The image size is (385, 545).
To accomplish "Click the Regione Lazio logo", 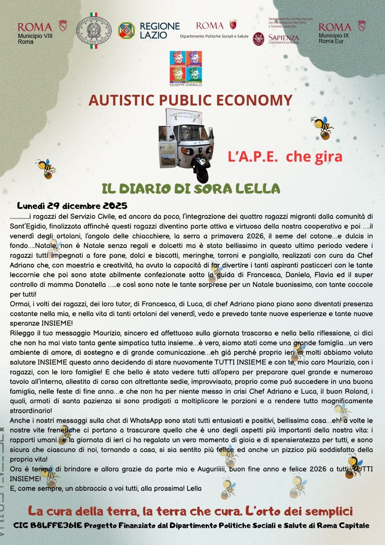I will click(x=149, y=31).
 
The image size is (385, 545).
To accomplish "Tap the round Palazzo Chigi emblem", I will click(x=94, y=31).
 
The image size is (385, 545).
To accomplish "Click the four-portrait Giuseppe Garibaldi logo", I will click(x=186, y=67).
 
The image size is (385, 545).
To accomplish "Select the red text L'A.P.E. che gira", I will click(x=285, y=156).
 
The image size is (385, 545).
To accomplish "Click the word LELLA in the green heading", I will click(x=262, y=188).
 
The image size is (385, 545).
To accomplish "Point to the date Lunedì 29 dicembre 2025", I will click(x=72, y=206).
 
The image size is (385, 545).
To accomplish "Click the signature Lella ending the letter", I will click(x=194, y=488).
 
